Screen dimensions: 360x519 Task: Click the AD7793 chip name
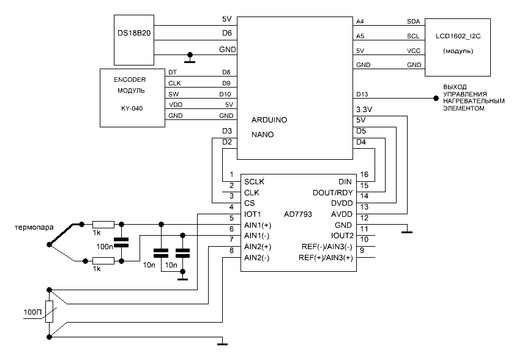pyautogui.click(x=299, y=214)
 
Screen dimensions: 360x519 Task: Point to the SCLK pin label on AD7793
pyautogui.click(x=255, y=182)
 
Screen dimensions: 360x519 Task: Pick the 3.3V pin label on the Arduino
pyautogui.click(x=364, y=109)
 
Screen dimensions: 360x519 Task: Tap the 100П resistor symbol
pyautogui.click(x=50, y=313)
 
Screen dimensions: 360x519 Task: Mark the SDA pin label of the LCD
pyautogui.click(x=413, y=21)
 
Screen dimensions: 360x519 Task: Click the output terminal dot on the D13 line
pyautogui.click(x=436, y=97)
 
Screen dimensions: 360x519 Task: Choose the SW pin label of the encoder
pyautogui.click(x=173, y=94)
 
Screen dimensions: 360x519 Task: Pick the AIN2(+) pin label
pyautogui.click(x=258, y=246)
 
